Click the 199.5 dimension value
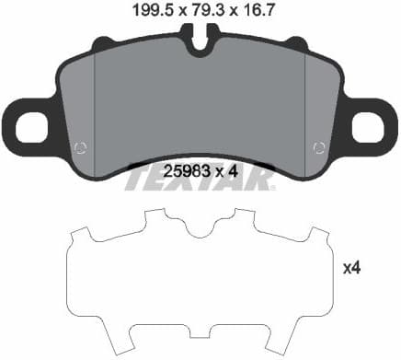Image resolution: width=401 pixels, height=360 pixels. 141,10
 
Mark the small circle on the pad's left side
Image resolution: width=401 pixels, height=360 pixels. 80,147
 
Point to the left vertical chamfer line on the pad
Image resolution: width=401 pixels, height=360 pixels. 96,101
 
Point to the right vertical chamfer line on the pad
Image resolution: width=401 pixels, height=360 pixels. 304,101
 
